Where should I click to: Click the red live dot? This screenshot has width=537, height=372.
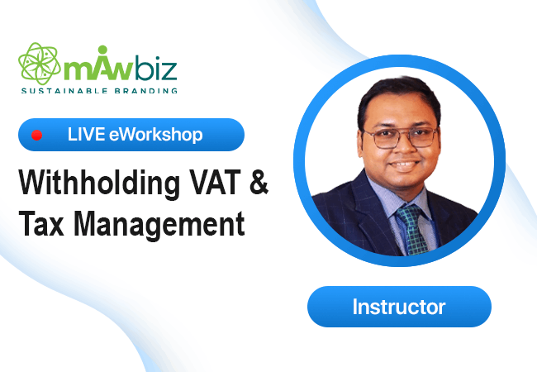point(36,136)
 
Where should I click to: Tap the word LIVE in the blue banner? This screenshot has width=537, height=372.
point(86,134)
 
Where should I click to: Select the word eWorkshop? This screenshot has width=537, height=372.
point(156,135)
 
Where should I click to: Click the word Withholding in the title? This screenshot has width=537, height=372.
point(99,183)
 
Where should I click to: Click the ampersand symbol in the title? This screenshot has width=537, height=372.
point(259,183)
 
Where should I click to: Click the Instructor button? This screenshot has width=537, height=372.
point(399,307)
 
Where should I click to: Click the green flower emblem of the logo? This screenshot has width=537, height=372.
point(40,64)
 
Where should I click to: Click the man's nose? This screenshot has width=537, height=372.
point(404,148)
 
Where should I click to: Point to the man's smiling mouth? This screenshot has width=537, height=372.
point(404,165)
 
